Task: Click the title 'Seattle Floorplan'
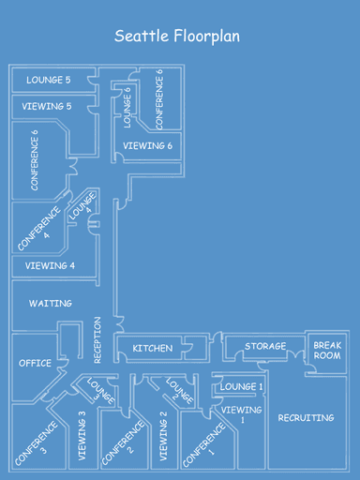177,37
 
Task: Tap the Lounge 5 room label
48,81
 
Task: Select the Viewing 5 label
48,107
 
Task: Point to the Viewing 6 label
148,145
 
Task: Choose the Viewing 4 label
51,266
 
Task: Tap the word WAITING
51,304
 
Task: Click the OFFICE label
36,363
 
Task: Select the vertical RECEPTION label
97,340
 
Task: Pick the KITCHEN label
153,349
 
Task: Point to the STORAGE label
265,347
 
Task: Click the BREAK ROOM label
327,351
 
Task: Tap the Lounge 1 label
242,386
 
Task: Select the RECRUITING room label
307,417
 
